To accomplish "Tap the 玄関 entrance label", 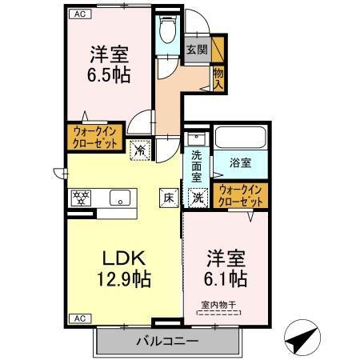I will tap(197, 50).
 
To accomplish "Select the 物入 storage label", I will tap(218, 78).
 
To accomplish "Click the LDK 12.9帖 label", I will tap(124, 270).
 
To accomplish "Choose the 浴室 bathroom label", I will tap(241, 162).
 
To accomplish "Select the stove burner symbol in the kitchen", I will tap(81, 197).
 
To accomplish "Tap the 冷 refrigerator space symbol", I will tap(141, 148).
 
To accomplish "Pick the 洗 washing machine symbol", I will tap(197, 198).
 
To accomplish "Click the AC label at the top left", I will tap(79, 14).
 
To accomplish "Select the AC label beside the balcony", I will tap(79, 318).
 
